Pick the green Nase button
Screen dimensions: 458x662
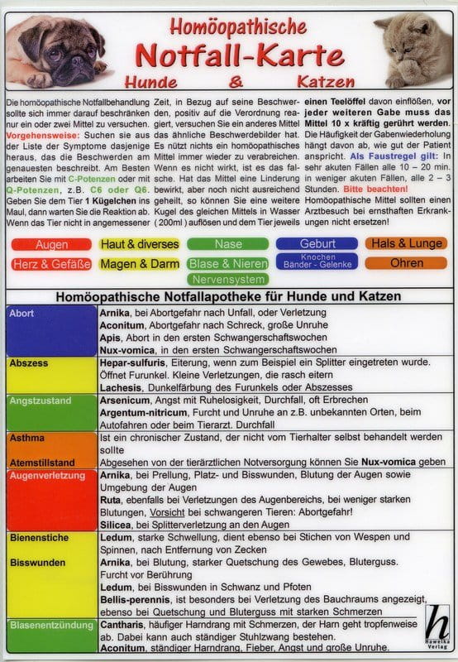tap(228, 245)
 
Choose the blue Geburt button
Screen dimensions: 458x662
tap(317, 245)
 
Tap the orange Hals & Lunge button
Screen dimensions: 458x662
tap(406, 245)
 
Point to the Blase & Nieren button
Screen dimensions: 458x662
tap(228, 264)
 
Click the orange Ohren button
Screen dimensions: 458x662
tap(406, 264)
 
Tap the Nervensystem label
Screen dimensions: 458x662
tap(228, 279)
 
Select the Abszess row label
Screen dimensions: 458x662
tap(27, 362)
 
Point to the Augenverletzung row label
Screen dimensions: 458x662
tap(45, 477)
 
